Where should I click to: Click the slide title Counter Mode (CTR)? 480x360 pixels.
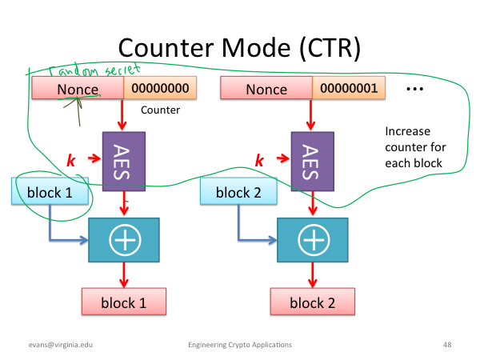coord(239,48)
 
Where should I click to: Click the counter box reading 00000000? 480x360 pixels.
coord(160,88)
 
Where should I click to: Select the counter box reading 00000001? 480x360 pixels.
coord(349,88)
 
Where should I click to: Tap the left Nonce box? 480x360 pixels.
coord(78,88)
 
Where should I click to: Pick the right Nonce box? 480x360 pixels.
coord(266,88)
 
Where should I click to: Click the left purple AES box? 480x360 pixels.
coord(124,162)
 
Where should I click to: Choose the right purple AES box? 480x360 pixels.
coord(313,162)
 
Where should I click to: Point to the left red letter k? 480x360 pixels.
coord(71,160)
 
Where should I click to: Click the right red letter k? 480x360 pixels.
coord(259,160)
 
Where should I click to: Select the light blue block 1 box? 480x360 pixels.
coord(50,191)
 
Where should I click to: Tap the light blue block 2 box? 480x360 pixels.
coord(238,191)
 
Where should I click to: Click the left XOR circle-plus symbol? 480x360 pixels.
coord(125,240)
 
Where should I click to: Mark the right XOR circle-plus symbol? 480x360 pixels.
coord(314,240)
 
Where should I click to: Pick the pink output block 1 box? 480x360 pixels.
coord(124,302)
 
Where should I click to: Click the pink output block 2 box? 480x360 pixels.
coord(313,302)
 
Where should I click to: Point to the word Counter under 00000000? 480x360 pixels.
coord(161,110)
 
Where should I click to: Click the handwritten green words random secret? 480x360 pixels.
coord(94,70)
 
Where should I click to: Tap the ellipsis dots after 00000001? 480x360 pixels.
coord(414,89)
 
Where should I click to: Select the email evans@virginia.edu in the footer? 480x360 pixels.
coord(61,345)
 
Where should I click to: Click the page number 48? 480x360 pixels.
coord(447,345)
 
